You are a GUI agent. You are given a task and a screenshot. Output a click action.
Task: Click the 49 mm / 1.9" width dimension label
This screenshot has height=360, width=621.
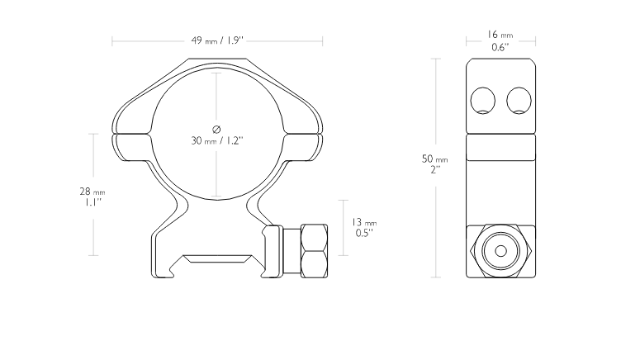coord(217,40)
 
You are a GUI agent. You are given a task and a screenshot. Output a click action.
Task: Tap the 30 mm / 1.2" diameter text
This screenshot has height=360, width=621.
coord(217,140)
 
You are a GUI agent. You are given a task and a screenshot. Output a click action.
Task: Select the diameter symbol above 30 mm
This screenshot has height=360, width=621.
coord(216,129)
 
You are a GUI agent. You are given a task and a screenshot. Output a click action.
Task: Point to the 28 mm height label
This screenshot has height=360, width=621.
coord(92,192)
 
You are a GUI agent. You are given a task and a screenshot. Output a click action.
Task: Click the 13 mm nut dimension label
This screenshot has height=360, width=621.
coord(364,222)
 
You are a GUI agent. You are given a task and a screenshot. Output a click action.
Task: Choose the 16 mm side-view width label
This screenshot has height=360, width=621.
coord(500,35)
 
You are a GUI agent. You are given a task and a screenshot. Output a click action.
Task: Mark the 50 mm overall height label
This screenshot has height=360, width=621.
coord(435,159)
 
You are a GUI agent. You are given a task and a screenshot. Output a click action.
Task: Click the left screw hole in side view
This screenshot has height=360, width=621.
coord(482,101)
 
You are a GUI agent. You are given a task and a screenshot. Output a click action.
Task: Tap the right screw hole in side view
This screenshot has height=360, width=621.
coord(519,101)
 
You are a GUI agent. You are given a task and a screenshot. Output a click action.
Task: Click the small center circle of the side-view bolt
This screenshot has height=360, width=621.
coord(500,251)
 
